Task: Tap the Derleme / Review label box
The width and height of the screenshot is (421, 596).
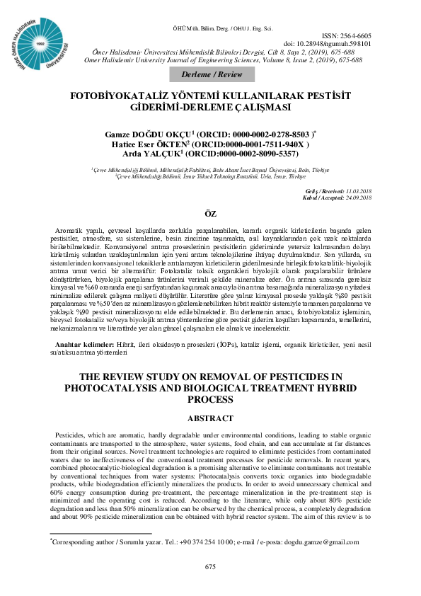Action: tap(209, 75)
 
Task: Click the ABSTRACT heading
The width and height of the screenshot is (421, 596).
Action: tap(209, 418)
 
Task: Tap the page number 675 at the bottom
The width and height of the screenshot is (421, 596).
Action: tap(209, 566)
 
